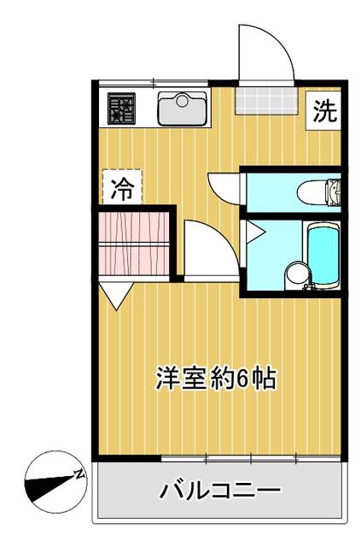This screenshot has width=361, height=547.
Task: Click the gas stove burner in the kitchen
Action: [x=121, y=109]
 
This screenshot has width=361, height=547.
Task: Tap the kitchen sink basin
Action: [x=182, y=109]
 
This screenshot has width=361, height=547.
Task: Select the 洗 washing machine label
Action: [x=325, y=110]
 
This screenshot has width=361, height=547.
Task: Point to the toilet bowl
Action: [x=312, y=191]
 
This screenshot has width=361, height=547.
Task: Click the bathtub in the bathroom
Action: [x=323, y=256]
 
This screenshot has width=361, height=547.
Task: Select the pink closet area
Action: [x=134, y=243]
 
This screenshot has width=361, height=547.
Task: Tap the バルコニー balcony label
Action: [x=220, y=490]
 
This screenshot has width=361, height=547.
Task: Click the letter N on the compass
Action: [x=79, y=473]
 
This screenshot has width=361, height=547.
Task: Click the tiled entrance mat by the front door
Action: [x=266, y=101]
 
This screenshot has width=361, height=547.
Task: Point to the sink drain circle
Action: [x=182, y=101]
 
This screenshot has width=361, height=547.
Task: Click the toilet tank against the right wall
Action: [x=334, y=191]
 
